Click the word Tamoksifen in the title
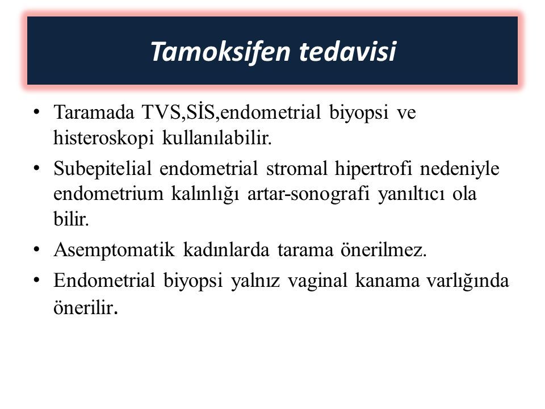(221, 52)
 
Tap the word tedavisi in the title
(347, 51)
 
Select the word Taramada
(94, 112)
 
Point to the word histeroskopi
(103, 138)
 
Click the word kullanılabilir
(217, 137)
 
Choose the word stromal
(297, 168)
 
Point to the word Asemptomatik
(114, 250)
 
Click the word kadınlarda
(226, 249)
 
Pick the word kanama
(387, 280)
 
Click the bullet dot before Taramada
(36, 112)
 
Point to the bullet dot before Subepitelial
(36, 169)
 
